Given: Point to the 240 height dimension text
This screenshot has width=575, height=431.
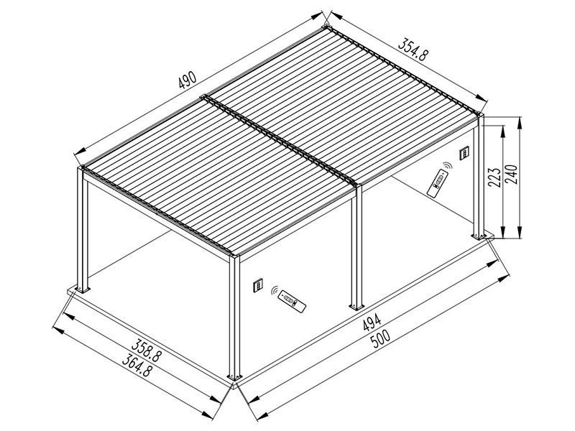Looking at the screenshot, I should [511, 175].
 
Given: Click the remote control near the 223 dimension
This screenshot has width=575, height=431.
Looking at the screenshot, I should [436, 183].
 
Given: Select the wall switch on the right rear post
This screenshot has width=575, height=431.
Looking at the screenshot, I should [465, 154].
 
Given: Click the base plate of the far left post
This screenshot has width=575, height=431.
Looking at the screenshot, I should [81, 289].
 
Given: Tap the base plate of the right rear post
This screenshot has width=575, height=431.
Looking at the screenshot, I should [478, 236].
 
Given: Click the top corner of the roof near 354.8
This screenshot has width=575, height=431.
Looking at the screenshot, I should [328, 29].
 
